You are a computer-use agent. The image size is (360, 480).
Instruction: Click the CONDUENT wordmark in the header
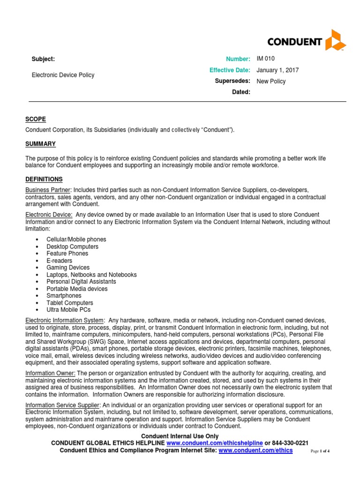[294, 42]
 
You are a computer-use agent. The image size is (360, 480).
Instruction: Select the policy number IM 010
[266, 59]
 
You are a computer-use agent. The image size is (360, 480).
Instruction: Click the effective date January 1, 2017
[277, 70]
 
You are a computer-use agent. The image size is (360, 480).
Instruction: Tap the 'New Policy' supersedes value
[271, 81]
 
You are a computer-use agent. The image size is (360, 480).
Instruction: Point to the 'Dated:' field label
[241, 92]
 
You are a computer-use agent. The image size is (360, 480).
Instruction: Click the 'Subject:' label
[43, 59]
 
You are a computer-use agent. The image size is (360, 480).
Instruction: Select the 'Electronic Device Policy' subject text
[63, 75]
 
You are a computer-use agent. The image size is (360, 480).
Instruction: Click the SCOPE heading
[36, 119]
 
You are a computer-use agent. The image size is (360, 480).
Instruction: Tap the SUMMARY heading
[40, 143]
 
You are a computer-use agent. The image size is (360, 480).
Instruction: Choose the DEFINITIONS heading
[44, 179]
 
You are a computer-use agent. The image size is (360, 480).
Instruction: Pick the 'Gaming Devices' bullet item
[68, 268]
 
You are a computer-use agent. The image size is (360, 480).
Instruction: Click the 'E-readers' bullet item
[60, 261]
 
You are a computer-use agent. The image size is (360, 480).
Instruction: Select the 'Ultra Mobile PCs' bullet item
[68, 310]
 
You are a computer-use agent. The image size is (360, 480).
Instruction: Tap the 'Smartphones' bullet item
[64, 296]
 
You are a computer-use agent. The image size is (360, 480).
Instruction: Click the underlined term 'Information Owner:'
[51, 373]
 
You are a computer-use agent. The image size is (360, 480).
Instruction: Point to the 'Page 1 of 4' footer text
[321, 451]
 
